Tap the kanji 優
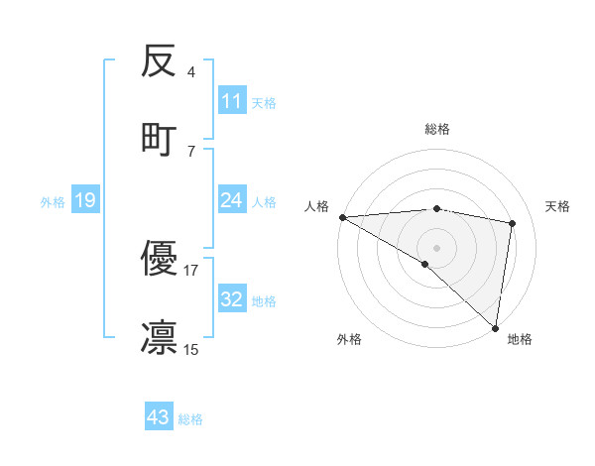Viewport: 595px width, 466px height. coord(160,260)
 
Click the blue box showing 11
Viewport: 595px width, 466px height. coord(232,101)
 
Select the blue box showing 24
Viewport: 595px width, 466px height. coord(232,201)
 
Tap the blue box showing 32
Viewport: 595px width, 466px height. coord(232,300)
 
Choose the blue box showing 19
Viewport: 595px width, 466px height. coord(85,201)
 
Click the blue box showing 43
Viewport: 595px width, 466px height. coord(159,417)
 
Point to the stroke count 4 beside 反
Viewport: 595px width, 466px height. coord(190,72)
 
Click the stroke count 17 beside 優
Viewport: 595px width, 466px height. coord(190,270)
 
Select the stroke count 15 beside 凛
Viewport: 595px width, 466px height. coord(190,348)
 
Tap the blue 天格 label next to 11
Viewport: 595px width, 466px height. coord(264,102)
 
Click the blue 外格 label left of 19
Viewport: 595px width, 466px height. coord(53,202)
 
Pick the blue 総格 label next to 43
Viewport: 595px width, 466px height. coord(190,419)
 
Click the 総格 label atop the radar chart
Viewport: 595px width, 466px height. coord(436,129)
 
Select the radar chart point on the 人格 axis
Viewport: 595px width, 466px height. coord(342,217)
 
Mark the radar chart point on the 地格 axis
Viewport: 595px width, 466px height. coord(495,327)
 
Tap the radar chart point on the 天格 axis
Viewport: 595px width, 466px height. coord(513,223)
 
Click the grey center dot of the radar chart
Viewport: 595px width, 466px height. coord(436,247)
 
